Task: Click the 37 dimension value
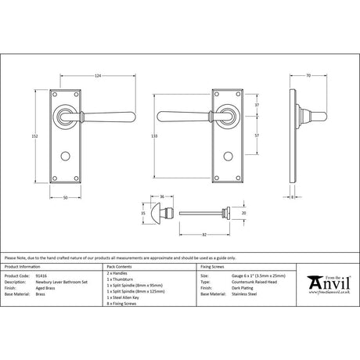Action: tap(257, 105)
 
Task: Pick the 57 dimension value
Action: tap(257, 135)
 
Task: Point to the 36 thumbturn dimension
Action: tap(162, 196)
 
